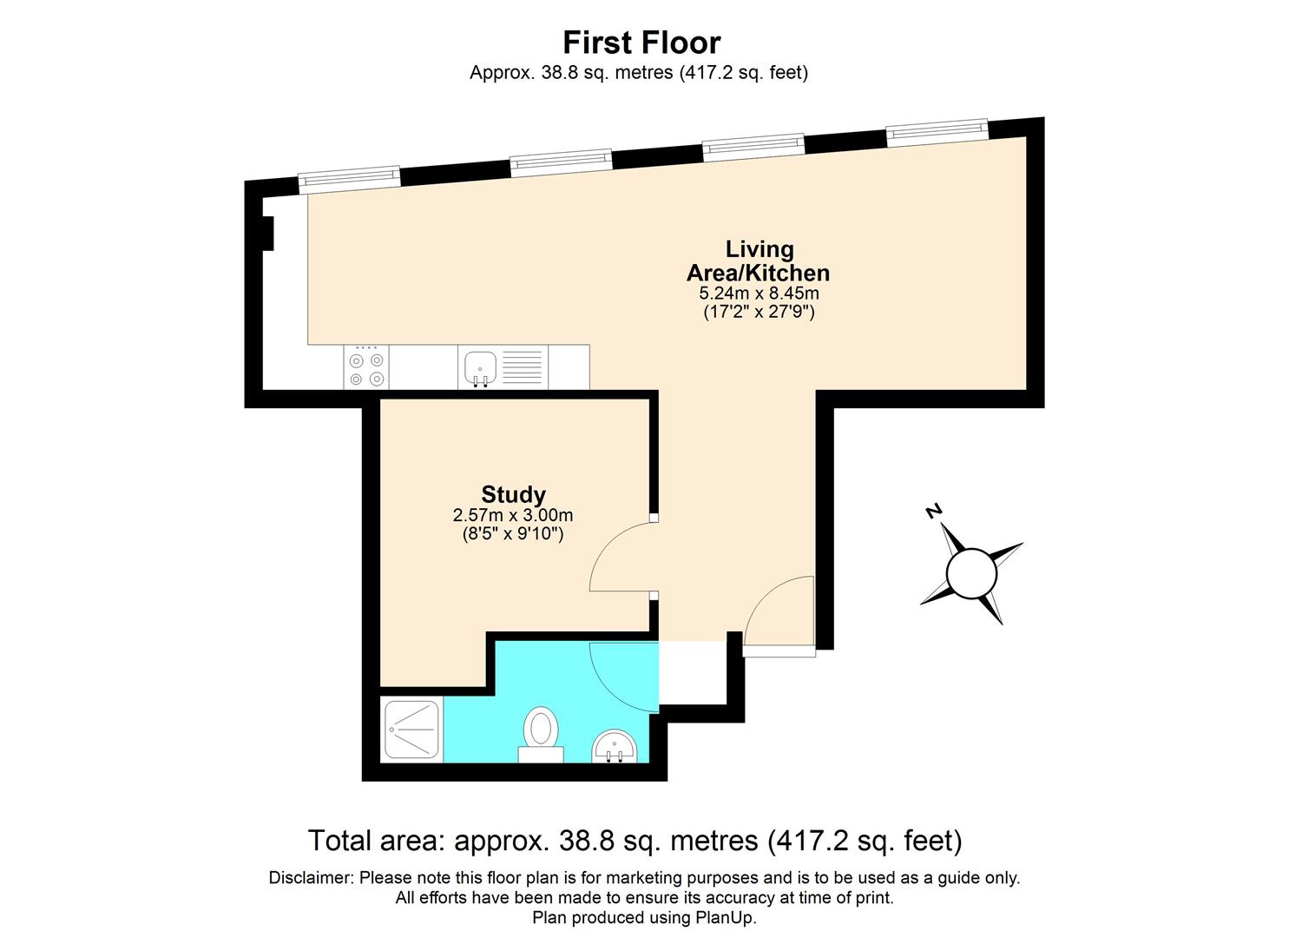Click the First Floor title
[x=641, y=43]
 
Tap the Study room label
[x=513, y=494]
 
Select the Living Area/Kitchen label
[x=759, y=261]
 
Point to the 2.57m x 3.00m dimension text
[x=513, y=515]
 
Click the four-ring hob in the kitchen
[x=366, y=368]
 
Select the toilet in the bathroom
[x=541, y=734]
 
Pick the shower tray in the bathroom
[x=412, y=730]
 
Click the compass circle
[x=971, y=574]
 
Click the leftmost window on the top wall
[x=349, y=177]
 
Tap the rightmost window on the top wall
[x=937, y=130]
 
